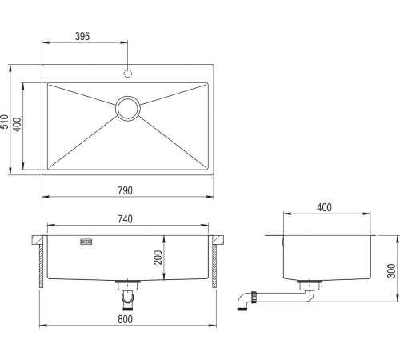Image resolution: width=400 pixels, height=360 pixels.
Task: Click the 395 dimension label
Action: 82,36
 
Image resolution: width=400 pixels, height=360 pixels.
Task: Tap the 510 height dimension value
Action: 5,122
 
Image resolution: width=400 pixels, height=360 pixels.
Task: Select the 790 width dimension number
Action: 125,190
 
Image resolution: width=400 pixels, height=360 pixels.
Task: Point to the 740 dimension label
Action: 125,219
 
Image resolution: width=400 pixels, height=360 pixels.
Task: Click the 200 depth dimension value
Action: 158,258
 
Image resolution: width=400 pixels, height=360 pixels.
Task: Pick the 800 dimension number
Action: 125,319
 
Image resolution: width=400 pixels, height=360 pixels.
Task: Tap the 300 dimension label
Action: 391,270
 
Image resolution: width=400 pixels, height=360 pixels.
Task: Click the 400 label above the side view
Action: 324,207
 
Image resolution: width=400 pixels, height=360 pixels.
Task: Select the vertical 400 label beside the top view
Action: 17,125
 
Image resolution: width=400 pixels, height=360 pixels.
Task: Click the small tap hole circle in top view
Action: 128,74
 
